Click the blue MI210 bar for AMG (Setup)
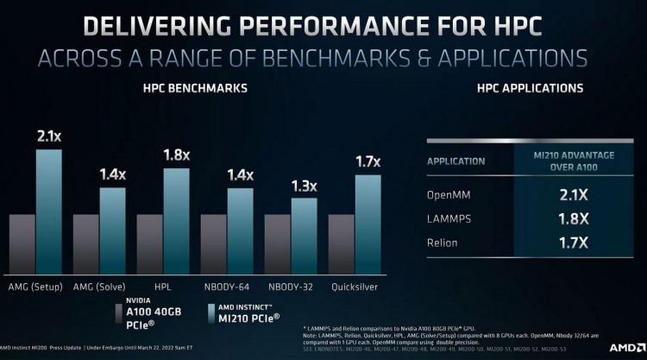click(x=48, y=211)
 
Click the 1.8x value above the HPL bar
click(x=175, y=156)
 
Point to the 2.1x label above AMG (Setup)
click(x=47, y=136)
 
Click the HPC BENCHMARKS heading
click(x=195, y=88)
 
